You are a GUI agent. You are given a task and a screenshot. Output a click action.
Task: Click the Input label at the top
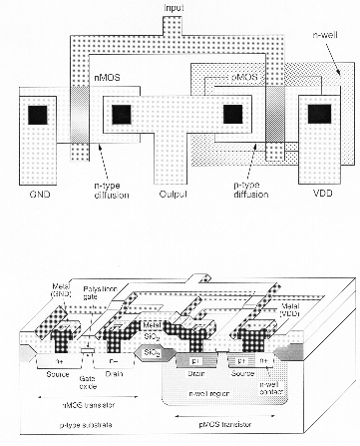click(x=175, y=8)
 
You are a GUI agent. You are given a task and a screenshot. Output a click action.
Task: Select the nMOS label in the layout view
click(x=107, y=76)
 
